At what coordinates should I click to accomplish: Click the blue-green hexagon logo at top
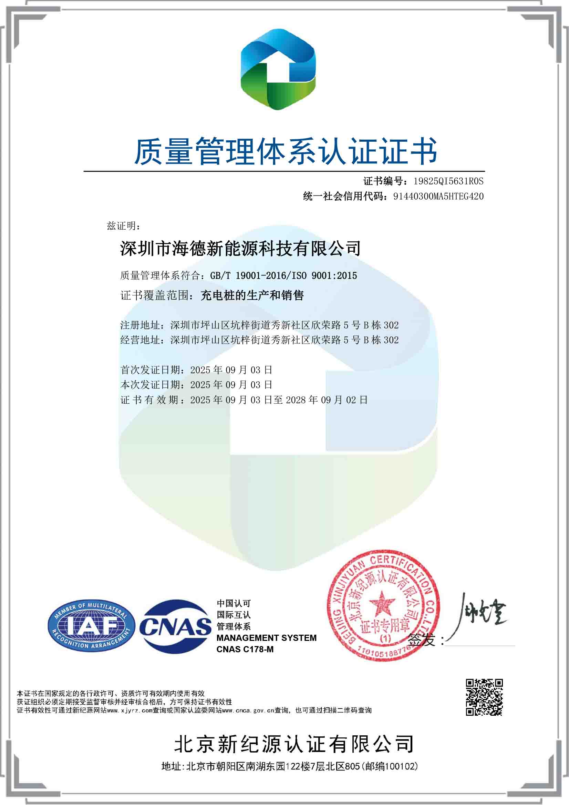[278, 69]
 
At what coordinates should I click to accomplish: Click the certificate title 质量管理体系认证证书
[286, 151]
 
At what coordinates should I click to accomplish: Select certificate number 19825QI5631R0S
[448, 181]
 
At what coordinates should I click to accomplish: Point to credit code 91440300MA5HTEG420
[438, 197]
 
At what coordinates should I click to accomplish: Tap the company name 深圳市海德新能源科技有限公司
[240, 249]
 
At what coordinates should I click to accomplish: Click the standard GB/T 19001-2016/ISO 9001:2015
[283, 275]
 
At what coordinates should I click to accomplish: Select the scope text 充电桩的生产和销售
[252, 295]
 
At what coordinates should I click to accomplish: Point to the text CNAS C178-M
[245, 649]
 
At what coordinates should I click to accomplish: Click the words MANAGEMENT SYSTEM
[266, 638]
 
